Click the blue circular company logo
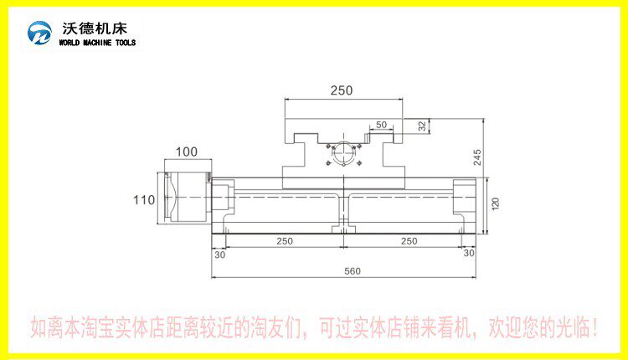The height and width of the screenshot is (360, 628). tap(39, 33)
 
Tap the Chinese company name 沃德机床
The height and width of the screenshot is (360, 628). tap(95, 28)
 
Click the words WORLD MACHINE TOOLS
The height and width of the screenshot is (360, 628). tap(97, 43)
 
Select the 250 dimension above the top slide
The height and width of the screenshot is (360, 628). tap(342, 90)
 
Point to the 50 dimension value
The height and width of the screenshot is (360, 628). tap(381, 125)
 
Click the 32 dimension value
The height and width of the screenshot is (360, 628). tap(422, 126)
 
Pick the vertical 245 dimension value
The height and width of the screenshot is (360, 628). tap(477, 157)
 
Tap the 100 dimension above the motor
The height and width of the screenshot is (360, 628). tap(187, 152)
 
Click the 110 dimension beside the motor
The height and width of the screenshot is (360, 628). tap(144, 200)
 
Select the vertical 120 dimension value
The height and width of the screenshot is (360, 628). tap(496, 203)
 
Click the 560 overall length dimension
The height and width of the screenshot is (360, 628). tap(353, 271)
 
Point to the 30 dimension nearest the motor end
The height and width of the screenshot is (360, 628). tap(220, 255)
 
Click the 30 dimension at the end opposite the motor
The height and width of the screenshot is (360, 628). tap(469, 253)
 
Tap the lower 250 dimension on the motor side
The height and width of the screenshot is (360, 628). tap(285, 241)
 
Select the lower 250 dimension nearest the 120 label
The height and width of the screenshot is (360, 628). tap(409, 241)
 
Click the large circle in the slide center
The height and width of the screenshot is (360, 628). tap(343, 153)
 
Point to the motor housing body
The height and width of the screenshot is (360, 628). tap(188, 198)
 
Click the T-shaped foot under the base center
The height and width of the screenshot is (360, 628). tap(343, 229)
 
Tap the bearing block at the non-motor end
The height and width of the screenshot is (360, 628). tap(464, 198)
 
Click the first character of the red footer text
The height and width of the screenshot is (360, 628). tap(39, 327)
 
